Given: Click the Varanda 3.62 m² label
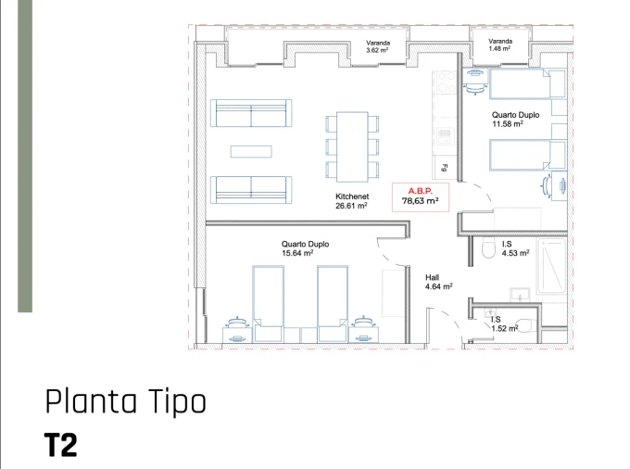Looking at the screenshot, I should [x=377, y=47].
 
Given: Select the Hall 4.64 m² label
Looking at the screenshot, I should [x=438, y=282].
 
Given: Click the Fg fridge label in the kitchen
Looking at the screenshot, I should [x=445, y=169].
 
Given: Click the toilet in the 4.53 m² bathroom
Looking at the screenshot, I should [x=486, y=247].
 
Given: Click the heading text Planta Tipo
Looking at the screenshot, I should [x=125, y=402].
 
